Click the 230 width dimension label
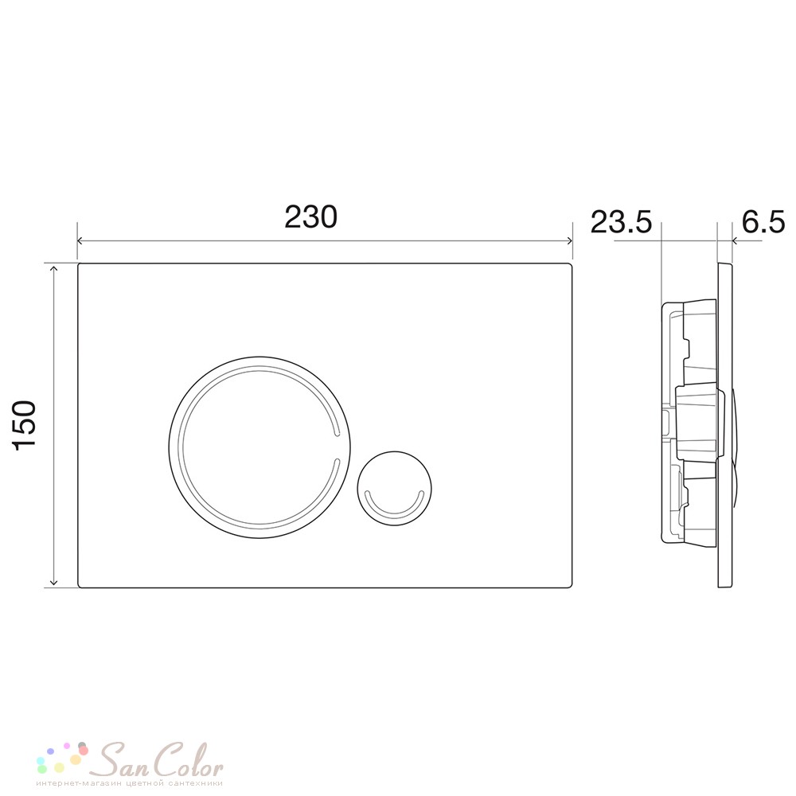pos(310,217)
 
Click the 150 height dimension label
pos(25,425)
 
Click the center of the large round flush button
pos(259,447)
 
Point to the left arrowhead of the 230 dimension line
pos(80,241)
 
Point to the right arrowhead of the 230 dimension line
pos(569,241)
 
